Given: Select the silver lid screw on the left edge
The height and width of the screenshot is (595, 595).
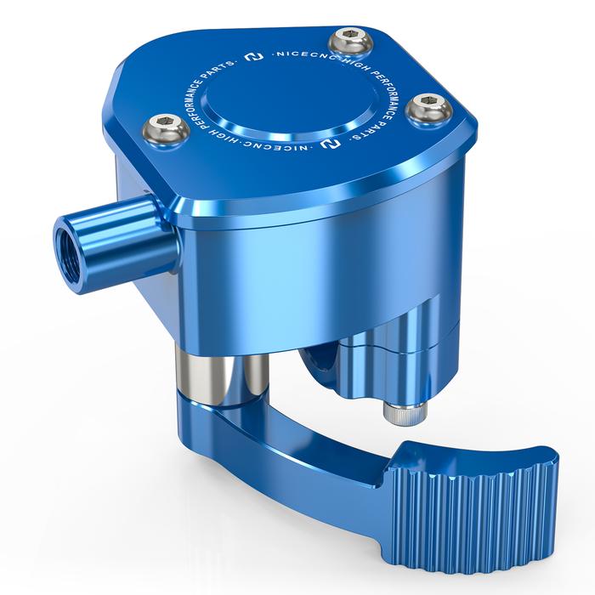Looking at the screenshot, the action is pos(166,131).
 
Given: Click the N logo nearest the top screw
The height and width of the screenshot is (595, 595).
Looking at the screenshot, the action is pos(254,57).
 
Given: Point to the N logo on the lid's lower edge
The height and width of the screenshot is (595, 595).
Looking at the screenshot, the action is pos(330,142).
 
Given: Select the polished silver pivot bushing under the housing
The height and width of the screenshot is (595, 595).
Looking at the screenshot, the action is pos(222,374).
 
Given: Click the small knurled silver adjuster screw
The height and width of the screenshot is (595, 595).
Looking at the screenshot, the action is pos(405,415).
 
